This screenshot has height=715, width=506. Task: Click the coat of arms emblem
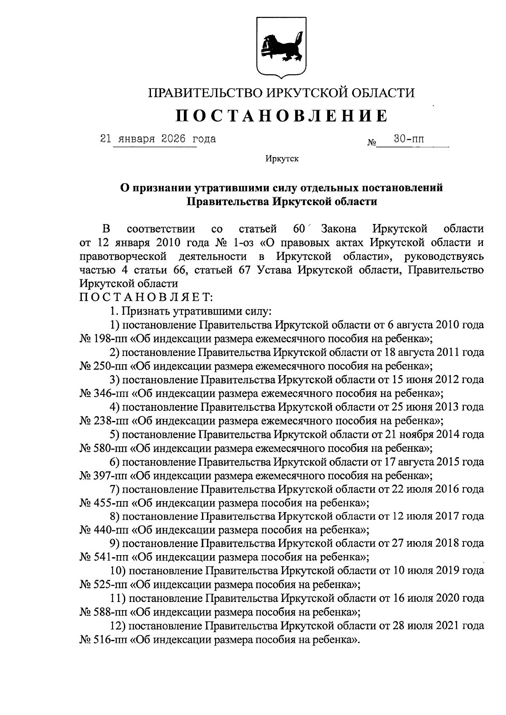point(281,47)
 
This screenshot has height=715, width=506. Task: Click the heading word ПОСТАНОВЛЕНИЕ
point(281,116)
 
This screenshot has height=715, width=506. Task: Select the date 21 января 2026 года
point(158,138)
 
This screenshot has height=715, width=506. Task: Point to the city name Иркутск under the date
point(282,159)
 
